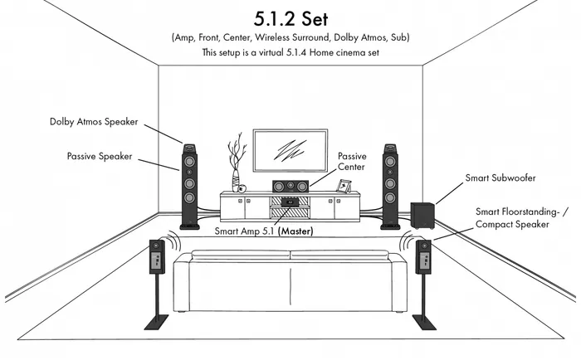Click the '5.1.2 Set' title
[290, 19]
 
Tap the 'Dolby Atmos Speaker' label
[94, 122]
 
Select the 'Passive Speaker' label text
[100, 156]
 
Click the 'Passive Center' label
[352, 162]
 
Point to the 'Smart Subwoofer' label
[500, 178]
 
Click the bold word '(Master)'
[295, 231]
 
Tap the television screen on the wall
[290, 150]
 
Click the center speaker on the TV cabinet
[290, 187]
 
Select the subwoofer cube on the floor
[422, 215]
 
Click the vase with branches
[236, 163]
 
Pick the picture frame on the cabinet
[344, 186]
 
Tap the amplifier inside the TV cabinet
[290, 202]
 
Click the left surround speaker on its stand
[157, 256]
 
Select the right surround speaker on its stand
[423, 256]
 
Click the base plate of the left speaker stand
[156, 322]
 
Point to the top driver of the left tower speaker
[189, 161]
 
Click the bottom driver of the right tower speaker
[390, 197]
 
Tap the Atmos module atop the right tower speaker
[390, 148]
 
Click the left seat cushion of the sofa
[241, 255]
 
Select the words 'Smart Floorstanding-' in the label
[518, 212]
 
